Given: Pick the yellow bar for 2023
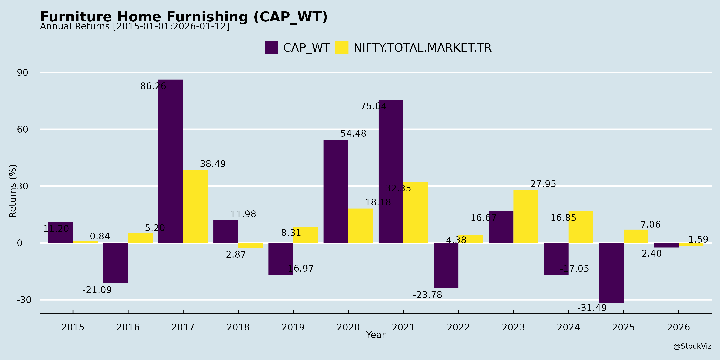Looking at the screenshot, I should point(526,216).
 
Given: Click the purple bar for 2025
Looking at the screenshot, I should point(611,273).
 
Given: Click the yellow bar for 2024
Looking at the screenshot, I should point(581,227).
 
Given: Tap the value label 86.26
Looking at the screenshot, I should point(153,86).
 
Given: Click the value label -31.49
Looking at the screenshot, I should point(592,308).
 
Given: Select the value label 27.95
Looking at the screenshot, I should point(543,184).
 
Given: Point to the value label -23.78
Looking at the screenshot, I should point(427,295).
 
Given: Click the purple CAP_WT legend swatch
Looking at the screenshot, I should point(271,48).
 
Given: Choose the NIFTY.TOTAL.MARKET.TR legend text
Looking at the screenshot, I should point(422,48).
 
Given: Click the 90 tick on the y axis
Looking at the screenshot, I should point(23,73).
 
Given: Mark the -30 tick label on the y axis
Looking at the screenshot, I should point(24,300).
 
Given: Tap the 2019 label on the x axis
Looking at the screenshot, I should point(293,327).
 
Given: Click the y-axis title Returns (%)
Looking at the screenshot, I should point(13,191).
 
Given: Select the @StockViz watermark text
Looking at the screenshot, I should point(692,346).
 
